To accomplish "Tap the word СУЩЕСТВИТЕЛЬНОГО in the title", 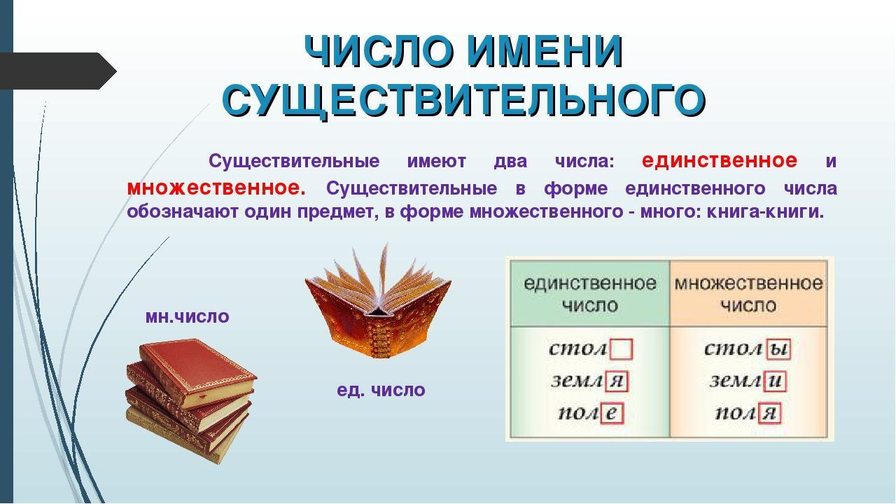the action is [x=464, y=100].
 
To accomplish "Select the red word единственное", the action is [x=720, y=161].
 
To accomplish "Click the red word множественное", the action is [x=216, y=188].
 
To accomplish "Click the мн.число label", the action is [x=187, y=316].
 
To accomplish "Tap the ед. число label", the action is [x=381, y=390].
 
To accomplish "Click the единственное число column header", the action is [x=590, y=295].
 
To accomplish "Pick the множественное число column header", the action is [x=748, y=295].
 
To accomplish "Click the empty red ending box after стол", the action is [x=621, y=349].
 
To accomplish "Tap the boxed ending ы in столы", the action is [x=778, y=349].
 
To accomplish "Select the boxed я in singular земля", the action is [x=617, y=381].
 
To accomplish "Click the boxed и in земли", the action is [x=775, y=381].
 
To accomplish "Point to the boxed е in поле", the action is [x=611, y=413].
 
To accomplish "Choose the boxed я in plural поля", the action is [x=769, y=413].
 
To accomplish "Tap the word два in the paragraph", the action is [x=510, y=162].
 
